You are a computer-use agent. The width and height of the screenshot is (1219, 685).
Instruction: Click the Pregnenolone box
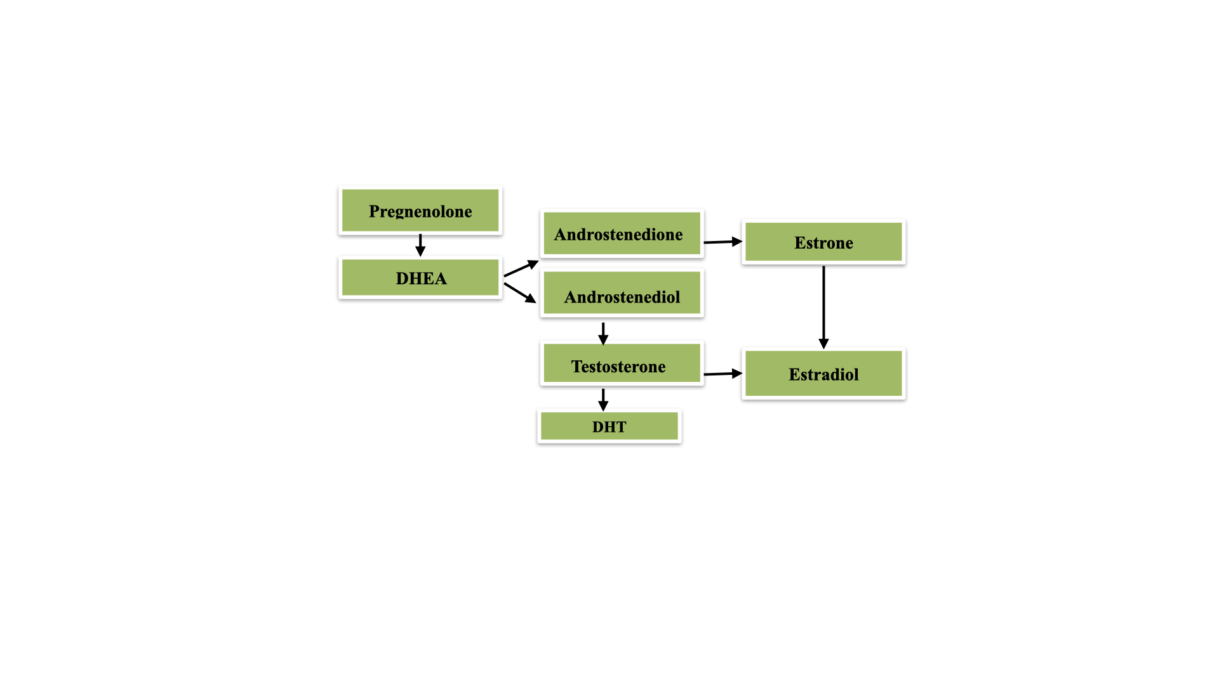[x=420, y=211]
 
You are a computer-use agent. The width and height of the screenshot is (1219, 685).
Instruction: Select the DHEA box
[x=420, y=278]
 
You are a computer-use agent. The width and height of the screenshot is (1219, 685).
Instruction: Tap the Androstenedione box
[x=622, y=234]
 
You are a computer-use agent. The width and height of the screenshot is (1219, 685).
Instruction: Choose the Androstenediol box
[x=622, y=294]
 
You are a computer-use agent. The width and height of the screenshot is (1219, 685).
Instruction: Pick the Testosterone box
[x=622, y=364]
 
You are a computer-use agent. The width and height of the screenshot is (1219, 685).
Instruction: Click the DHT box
[x=609, y=426]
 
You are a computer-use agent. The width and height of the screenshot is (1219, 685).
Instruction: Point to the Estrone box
[x=823, y=242]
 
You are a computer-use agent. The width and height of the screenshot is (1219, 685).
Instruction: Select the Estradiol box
[x=823, y=374]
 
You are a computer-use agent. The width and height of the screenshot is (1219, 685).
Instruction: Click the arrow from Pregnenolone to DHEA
[x=420, y=244]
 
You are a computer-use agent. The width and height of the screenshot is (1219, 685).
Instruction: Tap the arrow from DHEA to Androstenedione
[x=521, y=269]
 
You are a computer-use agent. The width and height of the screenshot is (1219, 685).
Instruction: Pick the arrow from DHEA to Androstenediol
[x=519, y=292]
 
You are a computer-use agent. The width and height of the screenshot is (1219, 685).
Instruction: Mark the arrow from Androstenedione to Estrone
[x=723, y=242]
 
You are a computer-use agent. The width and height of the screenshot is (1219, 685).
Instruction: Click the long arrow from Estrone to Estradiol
[x=823, y=304]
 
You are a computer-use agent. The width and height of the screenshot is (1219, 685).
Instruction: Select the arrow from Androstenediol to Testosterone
[x=603, y=333]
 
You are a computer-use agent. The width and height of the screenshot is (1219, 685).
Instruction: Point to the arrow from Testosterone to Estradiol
[x=723, y=374]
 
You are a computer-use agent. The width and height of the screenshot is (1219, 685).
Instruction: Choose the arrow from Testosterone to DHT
[x=603, y=400]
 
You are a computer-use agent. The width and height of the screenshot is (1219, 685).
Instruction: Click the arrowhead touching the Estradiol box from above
[x=823, y=344]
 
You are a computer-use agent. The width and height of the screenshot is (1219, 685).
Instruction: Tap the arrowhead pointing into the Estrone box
[x=737, y=241]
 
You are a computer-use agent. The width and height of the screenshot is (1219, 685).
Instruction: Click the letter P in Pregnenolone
[x=375, y=211]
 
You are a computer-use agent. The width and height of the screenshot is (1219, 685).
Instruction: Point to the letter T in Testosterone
[x=576, y=366]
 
